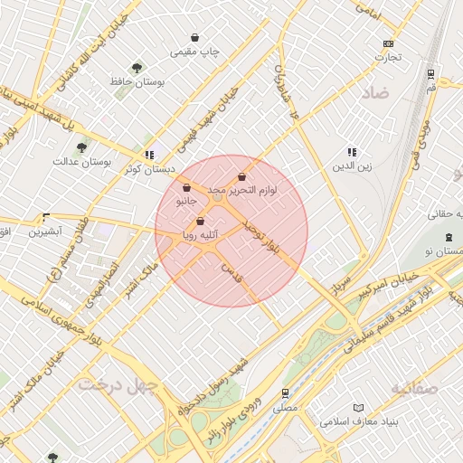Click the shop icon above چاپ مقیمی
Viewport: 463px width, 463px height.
pos(195,38)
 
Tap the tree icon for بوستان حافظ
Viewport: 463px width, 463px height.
pos(137,67)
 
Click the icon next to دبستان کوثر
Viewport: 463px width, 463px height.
pos(149,155)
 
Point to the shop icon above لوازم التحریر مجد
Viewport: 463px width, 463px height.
pos(241,177)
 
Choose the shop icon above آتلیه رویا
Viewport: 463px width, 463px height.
pos(200,222)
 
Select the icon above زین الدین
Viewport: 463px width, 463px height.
pos(352,152)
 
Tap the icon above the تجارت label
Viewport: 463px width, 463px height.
pos(389,43)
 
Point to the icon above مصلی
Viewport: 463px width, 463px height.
pos(285,393)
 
